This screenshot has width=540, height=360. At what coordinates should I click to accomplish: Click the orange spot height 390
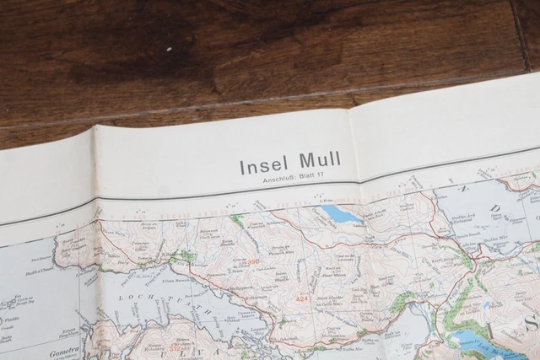click(x=253, y=262)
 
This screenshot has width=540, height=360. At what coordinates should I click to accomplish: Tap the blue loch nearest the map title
click(x=342, y=214)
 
